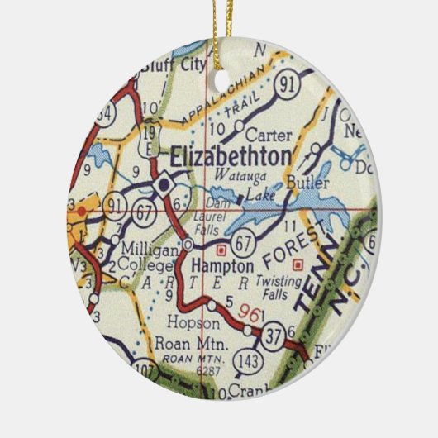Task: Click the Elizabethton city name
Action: [230, 157]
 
